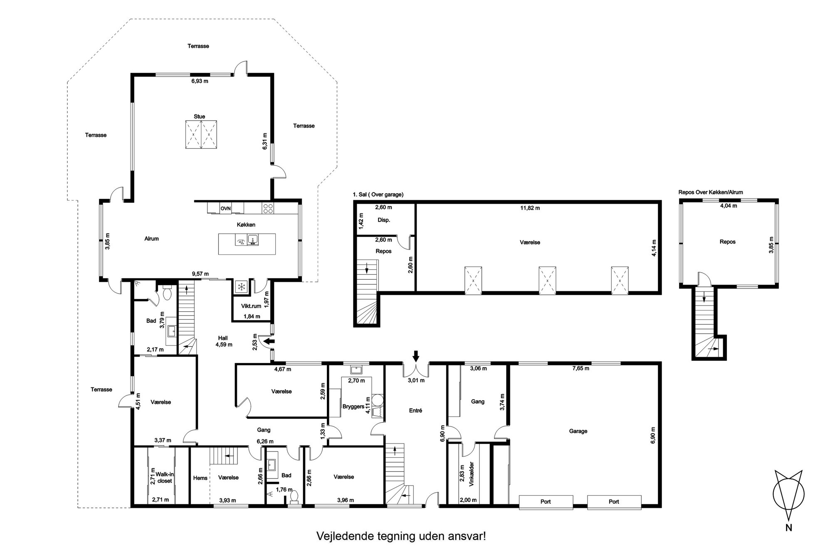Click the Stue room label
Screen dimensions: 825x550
pyautogui.click(x=199, y=117)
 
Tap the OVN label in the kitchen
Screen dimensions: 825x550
pyautogui.click(x=226, y=208)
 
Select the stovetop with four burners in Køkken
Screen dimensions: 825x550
pyautogui.click(x=268, y=208)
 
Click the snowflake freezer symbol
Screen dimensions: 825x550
pyautogui.click(x=240, y=286)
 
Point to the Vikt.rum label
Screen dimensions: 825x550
pyautogui.click(x=251, y=306)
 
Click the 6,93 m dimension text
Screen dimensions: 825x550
pyautogui.click(x=200, y=81)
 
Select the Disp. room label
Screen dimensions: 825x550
pyautogui.click(x=384, y=220)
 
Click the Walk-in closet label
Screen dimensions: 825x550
pyautogui.click(x=164, y=478)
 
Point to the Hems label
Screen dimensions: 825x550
pyautogui.click(x=200, y=478)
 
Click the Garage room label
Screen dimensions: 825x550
pyautogui.click(x=578, y=431)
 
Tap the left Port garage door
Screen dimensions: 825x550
pyautogui.click(x=546, y=502)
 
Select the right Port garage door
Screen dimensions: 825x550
pyautogui.click(x=614, y=502)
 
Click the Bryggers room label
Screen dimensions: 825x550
pyautogui.click(x=353, y=407)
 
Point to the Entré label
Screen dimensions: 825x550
pyautogui.click(x=415, y=410)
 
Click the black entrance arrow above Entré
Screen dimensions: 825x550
pyautogui.click(x=416, y=356)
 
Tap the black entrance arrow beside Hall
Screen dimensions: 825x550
pyautogui.click(x=270, y=341)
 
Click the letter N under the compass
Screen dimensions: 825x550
pyautogui.click(x=788, y=540)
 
